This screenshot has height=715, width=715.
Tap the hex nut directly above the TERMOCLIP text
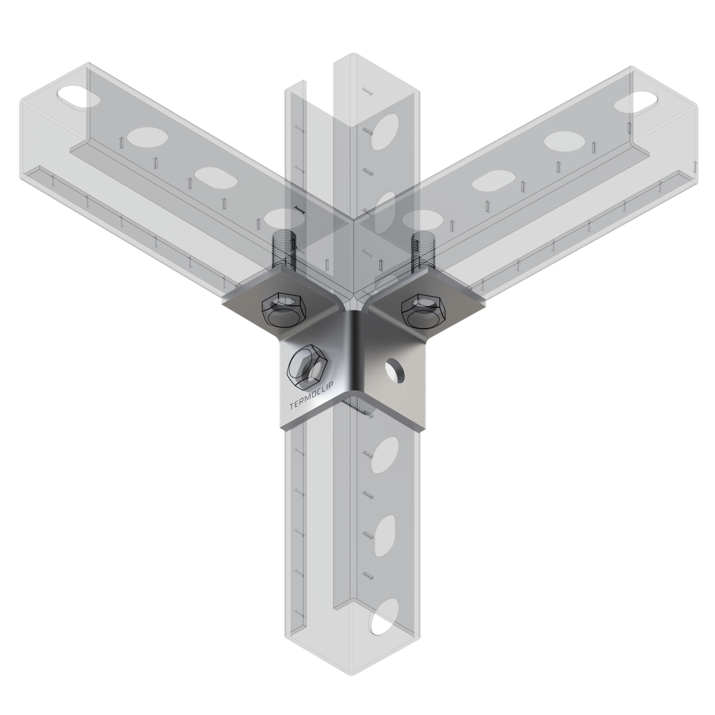[x=307, y=365]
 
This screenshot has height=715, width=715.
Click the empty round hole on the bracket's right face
[x=395, y=370]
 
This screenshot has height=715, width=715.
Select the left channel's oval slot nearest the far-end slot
[x=144, y=136]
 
